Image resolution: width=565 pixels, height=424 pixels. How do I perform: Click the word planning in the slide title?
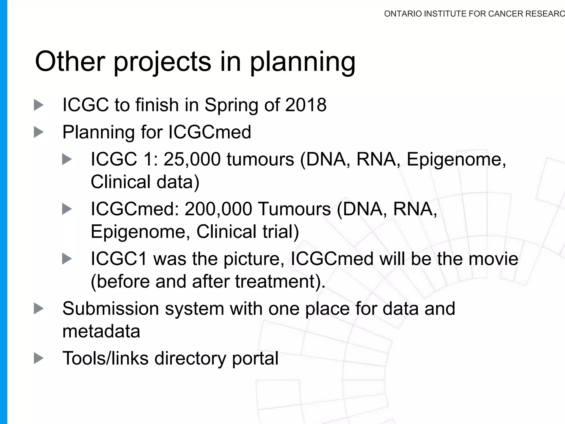point(303,62)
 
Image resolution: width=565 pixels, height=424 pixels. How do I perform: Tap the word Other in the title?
point(70,61)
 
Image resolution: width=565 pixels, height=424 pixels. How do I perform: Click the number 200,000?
point(218,209)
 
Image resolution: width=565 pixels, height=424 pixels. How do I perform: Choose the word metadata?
point(101,331)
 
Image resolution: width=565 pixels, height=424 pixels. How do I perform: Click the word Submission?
point(111,308)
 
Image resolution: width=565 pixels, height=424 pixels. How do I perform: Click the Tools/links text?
point(105,358)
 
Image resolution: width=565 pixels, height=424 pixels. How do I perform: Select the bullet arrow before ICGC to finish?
point(39,105)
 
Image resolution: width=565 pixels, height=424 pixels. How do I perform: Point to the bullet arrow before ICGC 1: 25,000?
point(67,159)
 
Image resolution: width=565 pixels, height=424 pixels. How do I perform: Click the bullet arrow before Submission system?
point(39,308)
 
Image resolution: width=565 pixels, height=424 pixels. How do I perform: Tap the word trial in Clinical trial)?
point(281,231)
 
